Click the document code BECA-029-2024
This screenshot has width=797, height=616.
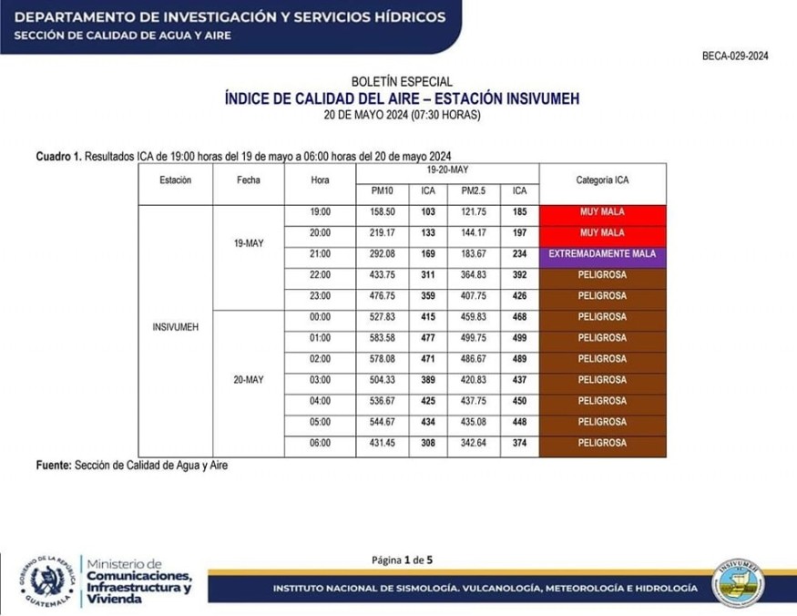click(x=735, y=56)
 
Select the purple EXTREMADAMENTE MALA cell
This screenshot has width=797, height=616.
click(x=602, y=253)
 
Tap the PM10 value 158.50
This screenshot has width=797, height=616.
click(x=382, y=211)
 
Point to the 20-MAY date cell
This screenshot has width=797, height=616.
click(x=249, y=380)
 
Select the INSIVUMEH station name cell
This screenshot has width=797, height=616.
click(x=176, y=325)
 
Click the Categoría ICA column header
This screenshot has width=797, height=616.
click(x=602, y=180)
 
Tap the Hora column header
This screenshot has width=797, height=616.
click(x=320, y=180)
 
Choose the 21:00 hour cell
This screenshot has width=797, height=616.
click(x=320, y=253)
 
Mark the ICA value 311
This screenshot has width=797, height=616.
click(x=428, y=274)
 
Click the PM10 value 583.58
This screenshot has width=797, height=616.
click(x=382, y=338)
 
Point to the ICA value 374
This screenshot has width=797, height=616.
click(x=519, y=443)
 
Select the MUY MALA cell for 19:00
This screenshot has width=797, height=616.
click(x=602, y=211)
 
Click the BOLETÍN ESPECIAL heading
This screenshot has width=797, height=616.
click(x=401, y=82)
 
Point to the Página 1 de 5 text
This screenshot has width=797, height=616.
click(x=402, y=560)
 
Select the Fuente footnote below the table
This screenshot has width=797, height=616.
click(x=132, y=465)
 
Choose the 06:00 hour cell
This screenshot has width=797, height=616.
click(x=320, y=443)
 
